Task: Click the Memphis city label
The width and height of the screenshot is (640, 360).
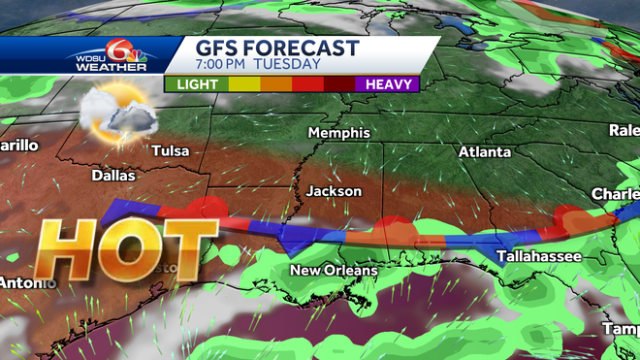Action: click(x=339, y=132)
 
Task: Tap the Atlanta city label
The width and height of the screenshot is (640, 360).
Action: click(x=484, y=152)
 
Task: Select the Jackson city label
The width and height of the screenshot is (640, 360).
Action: click(x=334, y=191)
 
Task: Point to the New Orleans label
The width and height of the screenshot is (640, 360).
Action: click(x=334, y=269)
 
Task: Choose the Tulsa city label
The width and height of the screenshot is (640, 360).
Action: click(x=171, y=150)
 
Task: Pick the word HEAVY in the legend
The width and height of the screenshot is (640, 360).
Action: click(x=390, y=84)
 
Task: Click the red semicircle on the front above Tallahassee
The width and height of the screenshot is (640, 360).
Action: click(x=563, y=221)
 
